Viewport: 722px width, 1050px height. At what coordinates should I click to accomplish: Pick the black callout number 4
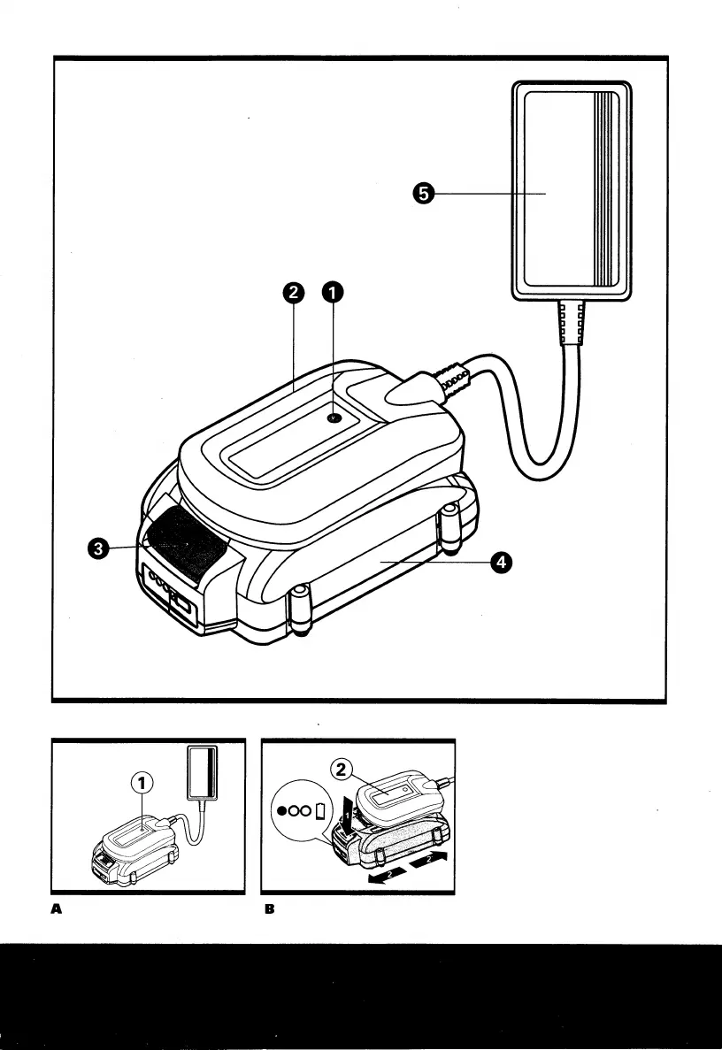click(x=500, y=562)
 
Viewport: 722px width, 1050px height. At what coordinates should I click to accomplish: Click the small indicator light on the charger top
click(x=334, y=418)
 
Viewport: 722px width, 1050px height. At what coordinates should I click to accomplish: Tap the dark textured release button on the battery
click(x=184, y=543)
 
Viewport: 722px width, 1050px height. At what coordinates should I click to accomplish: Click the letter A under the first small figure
click(x=57, y=908)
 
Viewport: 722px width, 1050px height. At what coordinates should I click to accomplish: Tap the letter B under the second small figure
click(x=267, y=908)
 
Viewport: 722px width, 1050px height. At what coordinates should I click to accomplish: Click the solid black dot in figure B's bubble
click(x=281, y=810)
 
